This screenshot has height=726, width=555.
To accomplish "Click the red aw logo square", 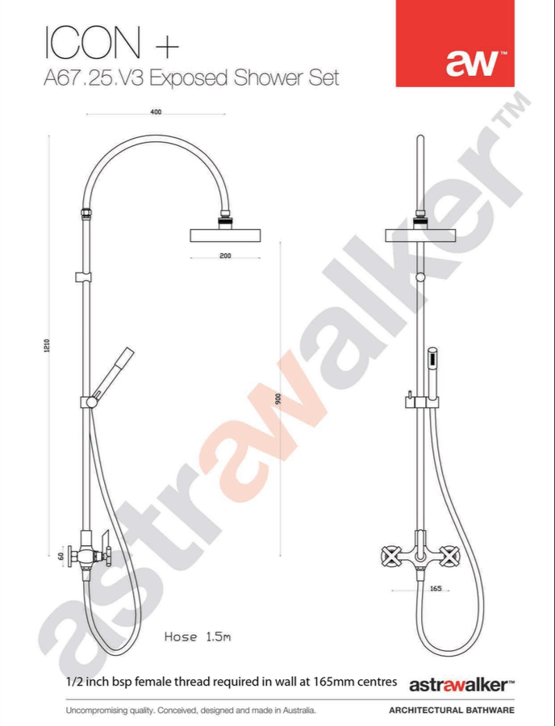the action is tap(454, 43).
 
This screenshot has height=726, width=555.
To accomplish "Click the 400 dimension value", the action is tap(156, 111).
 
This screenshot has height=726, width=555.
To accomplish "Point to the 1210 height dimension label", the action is tap(47, 345).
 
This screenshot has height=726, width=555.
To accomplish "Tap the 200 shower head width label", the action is tap(225, 256).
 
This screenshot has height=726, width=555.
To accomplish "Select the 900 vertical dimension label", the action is tap(278, 399).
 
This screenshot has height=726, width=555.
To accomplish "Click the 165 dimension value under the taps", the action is tap(436, 589).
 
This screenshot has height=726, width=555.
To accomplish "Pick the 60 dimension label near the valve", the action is tap(61, 556).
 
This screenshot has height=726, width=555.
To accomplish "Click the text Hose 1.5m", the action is tap(198, 636).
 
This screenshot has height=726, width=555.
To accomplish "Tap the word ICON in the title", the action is tap(93, 43).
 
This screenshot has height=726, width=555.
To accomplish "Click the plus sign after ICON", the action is tap(167, 47).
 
